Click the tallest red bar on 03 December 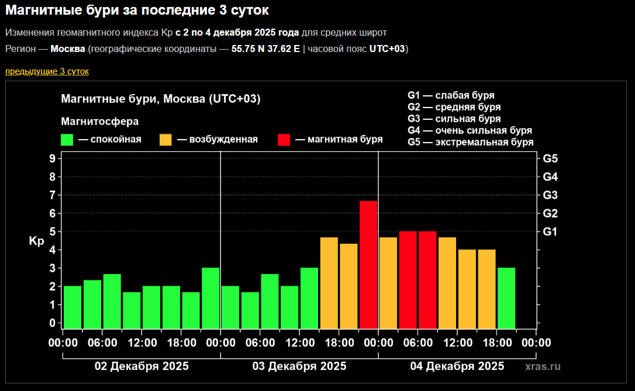tap(368, 264)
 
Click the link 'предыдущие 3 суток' tap(47, 71)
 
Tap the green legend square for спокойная tap(67, 140)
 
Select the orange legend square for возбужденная tap(165, 140)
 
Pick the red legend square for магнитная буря tap(284, 140)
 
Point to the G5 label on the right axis tap(550, 158)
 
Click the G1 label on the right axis tap(550, 232)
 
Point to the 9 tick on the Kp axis tap(53, 158)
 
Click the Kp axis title tap(36, 241)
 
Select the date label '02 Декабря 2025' tap(142, 366)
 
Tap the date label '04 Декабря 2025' tap(457, 366)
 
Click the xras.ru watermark tap(543, 366)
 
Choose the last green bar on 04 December tap(506, 298)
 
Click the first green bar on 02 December tap(73, 307)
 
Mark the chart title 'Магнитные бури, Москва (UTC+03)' tap(160, 99)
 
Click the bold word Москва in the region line tap(68, 49)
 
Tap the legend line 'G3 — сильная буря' tap(454, 119)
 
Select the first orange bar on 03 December tap(329, 283)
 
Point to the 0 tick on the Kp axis tap(53, 323)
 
